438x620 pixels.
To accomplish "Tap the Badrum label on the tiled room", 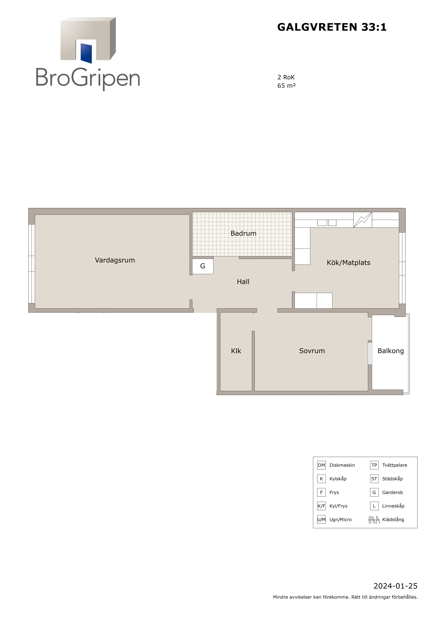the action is [243, 233].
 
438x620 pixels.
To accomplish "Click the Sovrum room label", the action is [312, 351].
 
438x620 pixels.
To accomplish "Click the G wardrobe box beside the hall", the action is [203, 266].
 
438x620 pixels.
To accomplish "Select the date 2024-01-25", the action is [395, 594].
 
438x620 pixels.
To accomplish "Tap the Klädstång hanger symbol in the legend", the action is [374, 520].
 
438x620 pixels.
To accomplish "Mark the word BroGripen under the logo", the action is [88, 78].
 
